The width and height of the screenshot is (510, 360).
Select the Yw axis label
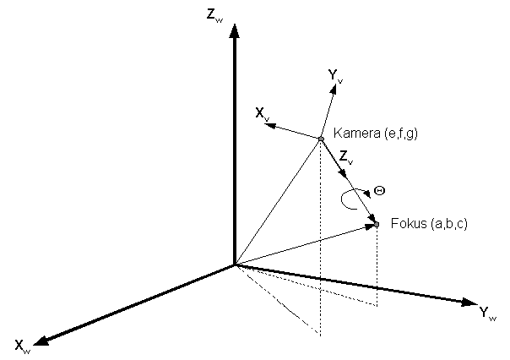[486, 314]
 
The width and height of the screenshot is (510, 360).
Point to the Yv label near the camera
[335, 77]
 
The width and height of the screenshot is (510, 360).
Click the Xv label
[263, 112]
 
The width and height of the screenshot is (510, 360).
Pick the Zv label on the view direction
[345, 156]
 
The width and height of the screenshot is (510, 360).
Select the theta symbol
[379, 191]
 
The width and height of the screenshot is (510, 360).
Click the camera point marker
[321, 139]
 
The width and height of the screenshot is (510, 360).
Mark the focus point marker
[377, 224]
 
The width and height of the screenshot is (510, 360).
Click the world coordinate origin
[235, 265]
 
